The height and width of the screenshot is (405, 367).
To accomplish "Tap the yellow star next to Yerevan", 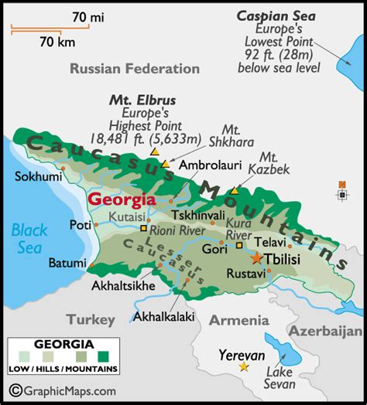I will click(245, 366).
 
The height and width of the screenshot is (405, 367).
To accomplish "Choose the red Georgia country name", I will click(120, 199).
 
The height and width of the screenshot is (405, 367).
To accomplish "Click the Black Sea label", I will click(29, 236).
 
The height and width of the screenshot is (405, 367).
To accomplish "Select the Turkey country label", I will click(90, 319).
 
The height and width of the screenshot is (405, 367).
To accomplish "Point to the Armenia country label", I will click(233, 320).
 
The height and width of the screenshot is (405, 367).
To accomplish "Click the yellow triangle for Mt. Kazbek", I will click(235, 190).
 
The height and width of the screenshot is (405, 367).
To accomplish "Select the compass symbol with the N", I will click(341, 193).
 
